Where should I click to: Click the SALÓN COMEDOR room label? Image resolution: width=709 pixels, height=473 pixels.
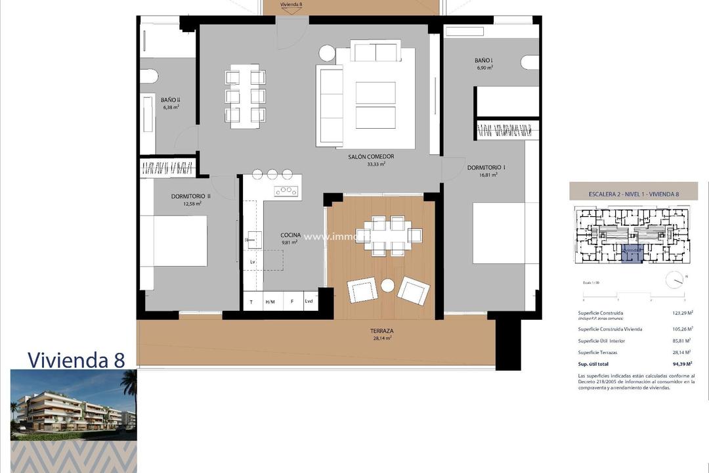(x=371, y=156)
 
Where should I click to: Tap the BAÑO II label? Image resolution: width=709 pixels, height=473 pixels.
(x=170, y=100)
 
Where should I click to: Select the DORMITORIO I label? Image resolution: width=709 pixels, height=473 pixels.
(x=486, y=168)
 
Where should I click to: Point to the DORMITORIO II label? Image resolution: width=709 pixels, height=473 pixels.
(x=190, y=196)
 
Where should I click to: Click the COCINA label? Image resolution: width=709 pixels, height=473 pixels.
(x=290, y=235)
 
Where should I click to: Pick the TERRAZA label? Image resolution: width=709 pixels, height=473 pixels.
(x=380, y=332)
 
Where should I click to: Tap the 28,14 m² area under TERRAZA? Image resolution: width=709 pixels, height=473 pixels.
(x=380, y=339)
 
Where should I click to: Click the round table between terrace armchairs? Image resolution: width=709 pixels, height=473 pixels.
(x=388, y=285)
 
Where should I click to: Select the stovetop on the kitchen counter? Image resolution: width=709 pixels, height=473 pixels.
(x=286, y=191)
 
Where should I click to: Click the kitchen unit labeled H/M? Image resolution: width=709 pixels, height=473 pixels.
(x=270, y=302)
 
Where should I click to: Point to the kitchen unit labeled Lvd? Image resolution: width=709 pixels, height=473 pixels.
(x=309, y=302)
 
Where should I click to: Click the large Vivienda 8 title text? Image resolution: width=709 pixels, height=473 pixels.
(x=75, y=359)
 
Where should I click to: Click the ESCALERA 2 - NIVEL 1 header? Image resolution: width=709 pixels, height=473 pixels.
(x=634, y=194)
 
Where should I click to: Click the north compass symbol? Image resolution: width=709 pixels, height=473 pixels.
(x=674, y=280)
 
